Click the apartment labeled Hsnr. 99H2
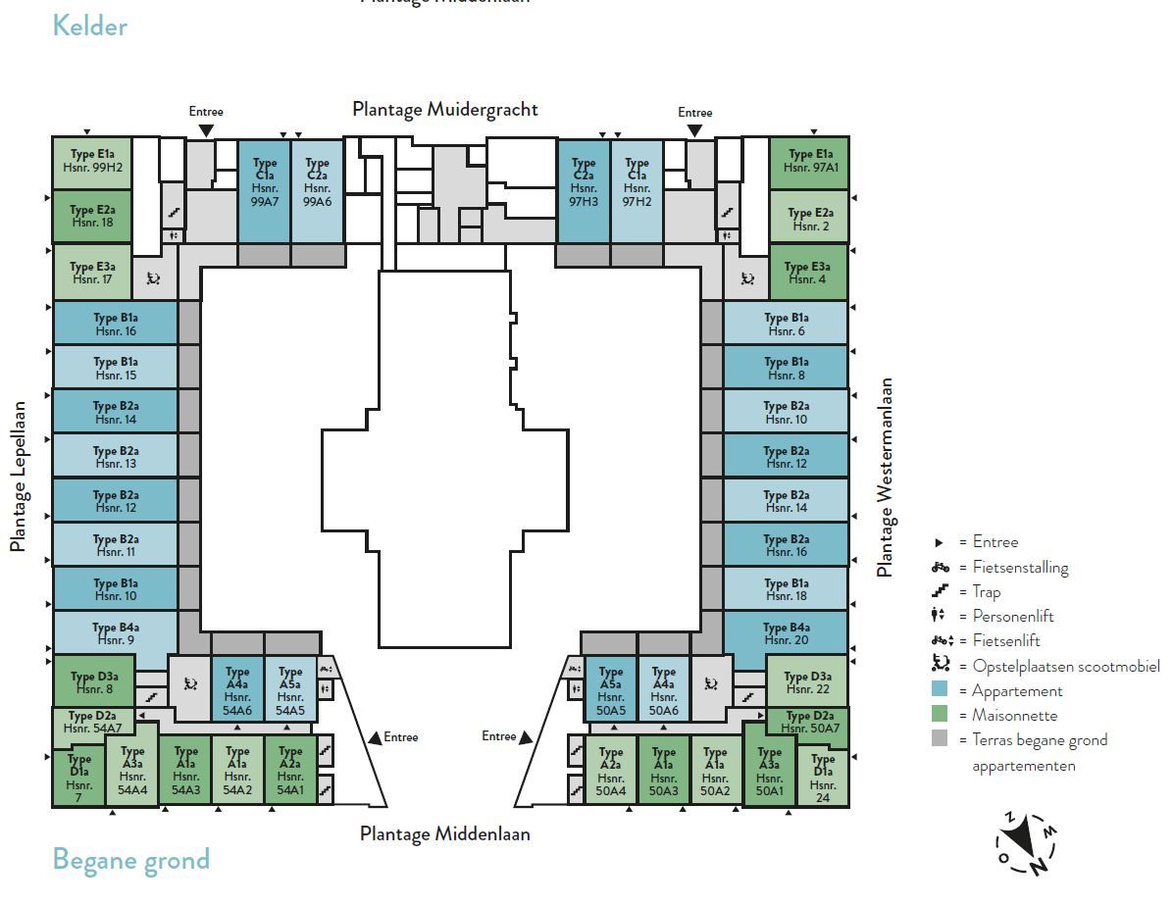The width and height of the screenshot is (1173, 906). click(x=92, y=163)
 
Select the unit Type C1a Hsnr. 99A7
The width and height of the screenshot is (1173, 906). click(x=264, y=191)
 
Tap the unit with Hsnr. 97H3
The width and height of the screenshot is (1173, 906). click(x=584, y=191)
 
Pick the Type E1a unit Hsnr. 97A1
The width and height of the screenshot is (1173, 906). click(x=809, y=163)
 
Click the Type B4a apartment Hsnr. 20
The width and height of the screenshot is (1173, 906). click(x=786, y=633)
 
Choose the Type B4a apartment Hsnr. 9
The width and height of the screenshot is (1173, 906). click(x=115, y=633)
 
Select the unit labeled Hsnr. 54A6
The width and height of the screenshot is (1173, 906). click(x=237, y=689)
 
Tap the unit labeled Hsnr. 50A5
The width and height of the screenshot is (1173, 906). click(x=610, y=689)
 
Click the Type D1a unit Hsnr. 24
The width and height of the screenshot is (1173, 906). click(x=823, y=776)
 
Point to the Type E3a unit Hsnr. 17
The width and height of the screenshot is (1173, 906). click(x=93, y=273)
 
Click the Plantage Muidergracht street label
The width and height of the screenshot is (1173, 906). click(x=445, y=110)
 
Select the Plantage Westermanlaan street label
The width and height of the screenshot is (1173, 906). click(x=885, y=478)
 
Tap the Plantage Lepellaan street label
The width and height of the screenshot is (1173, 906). click(x=18, y=477)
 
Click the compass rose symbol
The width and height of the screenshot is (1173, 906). click(x=1026, y=843)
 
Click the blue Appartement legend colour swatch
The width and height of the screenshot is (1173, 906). click(x=940, y=689)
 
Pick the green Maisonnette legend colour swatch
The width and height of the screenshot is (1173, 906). click(x=940, y=714)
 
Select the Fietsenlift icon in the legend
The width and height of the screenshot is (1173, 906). click(x=942, y=640)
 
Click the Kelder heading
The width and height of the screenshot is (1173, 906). click(x=90, y=26)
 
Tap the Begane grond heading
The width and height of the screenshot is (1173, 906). click(x=130, y=860)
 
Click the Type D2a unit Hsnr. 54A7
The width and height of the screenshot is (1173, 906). click(x=93, y=722)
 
